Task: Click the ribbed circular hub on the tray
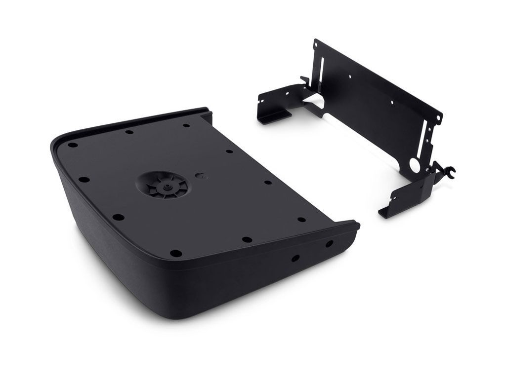(x=163, y=186)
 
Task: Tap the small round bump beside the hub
(x=200, y=175)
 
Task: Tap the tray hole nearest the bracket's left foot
(x=186, y=125)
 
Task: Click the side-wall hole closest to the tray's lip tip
(x=329, y=244)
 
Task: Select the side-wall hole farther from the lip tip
(x=295, y=258)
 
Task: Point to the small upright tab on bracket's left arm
(x=303, y=80)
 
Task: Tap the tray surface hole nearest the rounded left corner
(x=73, y=146)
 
